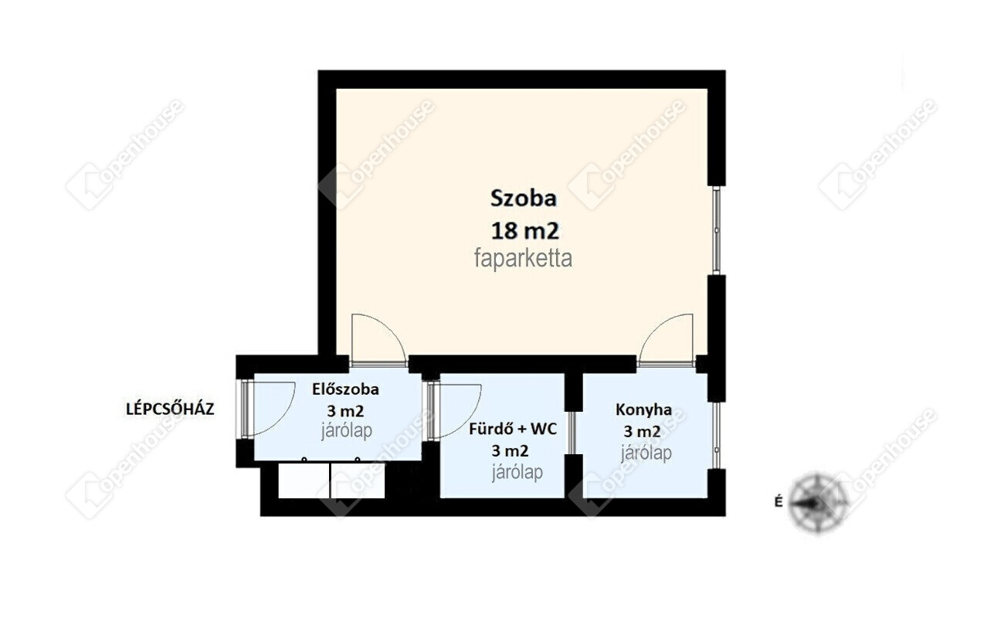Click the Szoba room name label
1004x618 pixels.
(524, 199)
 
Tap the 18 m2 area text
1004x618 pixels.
(525, 232)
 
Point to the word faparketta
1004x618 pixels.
(523, 259)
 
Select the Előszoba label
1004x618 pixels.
(345, 389)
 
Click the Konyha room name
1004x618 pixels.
(643, 409)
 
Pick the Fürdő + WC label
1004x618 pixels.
(513, 430)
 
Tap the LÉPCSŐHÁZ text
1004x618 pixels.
(170, 409)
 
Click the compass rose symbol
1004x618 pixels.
(819, 502)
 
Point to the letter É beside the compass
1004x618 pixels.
(779, 501)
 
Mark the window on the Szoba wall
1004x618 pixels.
(716, 230)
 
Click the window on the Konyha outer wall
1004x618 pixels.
(716, 436)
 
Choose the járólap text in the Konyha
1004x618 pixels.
(646, 453)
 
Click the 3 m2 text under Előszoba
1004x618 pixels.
(345, 411)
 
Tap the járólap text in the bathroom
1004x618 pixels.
(517, 472)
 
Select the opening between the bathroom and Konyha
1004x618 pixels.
(572, 433)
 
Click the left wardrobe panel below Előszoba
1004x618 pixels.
(304, 480)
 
